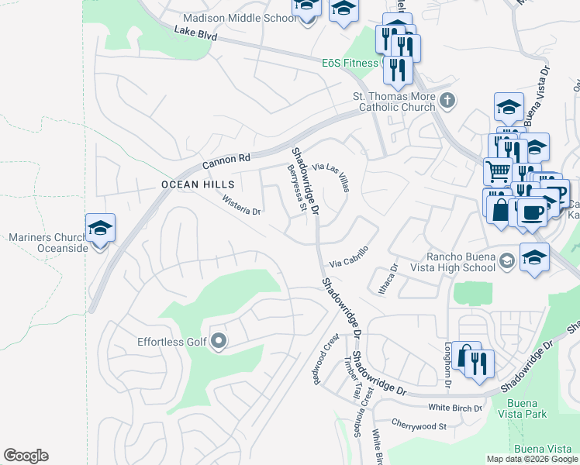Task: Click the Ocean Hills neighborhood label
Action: (x=197, y=184)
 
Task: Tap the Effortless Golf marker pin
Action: (x=219, y=341)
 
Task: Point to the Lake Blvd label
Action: (x=195, y=33)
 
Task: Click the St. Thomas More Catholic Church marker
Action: (x=447, y=100)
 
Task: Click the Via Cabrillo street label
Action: (x=348, y=257)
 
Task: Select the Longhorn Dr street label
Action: (x=448, y=365)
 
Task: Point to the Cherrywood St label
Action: (x=419, y=425)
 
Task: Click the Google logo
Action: (x=26, y=456)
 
